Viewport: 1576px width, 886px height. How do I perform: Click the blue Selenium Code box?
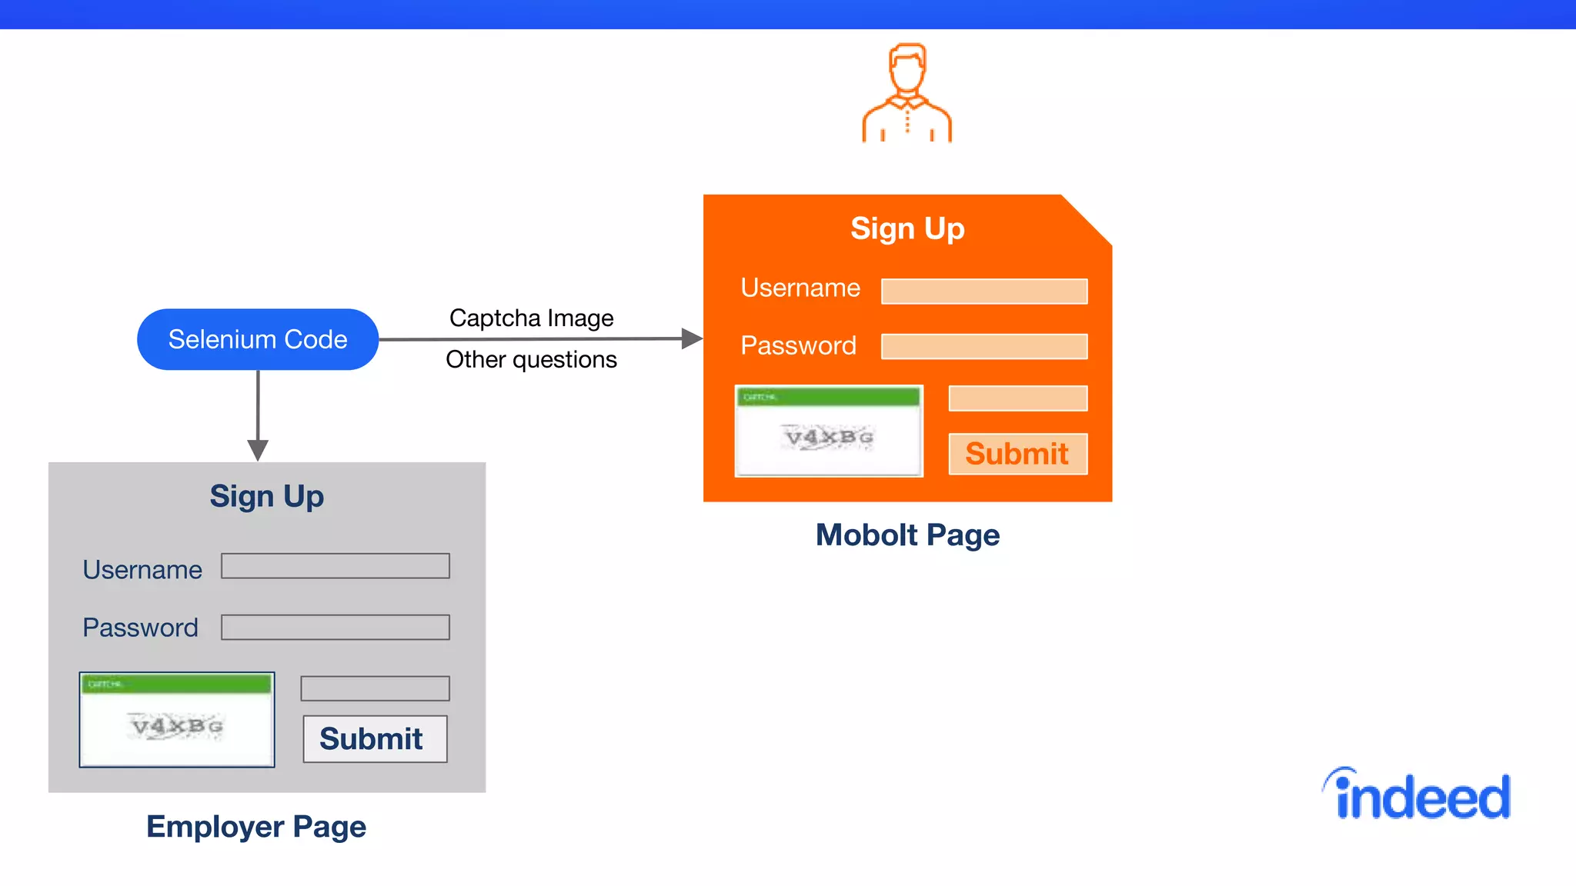(257, 339)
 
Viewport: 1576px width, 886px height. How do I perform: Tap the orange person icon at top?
(907, 93)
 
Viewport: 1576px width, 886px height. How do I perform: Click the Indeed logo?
(1417, 794)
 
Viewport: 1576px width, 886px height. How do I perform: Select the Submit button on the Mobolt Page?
(1017, 454)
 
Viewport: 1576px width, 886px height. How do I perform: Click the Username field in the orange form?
(983, 291)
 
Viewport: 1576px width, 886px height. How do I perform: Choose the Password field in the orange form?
(983, 346)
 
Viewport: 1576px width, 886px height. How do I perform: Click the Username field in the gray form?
(336, 566)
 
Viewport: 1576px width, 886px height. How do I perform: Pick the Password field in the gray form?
(336, 627)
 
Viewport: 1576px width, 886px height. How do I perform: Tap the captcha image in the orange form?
(829, 431)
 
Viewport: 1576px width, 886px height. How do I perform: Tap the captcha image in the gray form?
(177, 720)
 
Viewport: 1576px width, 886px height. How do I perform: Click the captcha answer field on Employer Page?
(375, 688)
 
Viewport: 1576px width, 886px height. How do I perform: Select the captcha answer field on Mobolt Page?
(1017, 398)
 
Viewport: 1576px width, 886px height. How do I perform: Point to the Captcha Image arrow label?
(531, 318)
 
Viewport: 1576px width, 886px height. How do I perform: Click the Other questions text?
(531, 359)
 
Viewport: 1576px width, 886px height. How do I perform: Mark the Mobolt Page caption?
(907, 535)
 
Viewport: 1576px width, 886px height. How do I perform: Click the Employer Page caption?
(256, 827)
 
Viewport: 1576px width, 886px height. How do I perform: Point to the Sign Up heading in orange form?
(907, 228)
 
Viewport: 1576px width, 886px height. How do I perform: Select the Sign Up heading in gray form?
(267, 496)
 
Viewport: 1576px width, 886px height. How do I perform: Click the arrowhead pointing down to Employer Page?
(258, 450)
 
